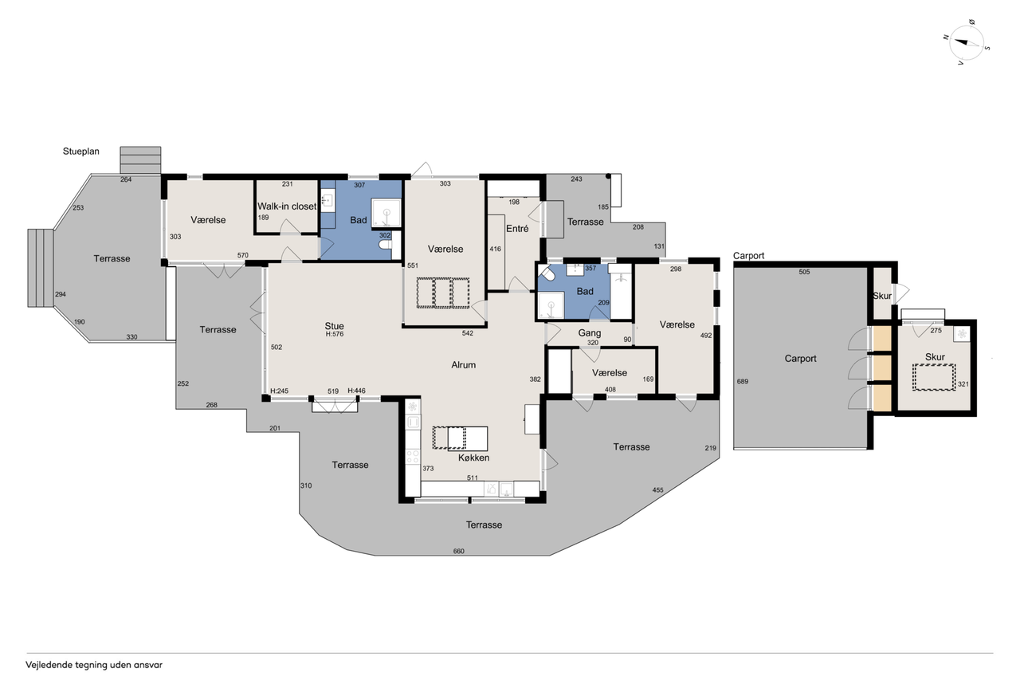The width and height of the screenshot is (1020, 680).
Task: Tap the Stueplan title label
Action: [x=81, y=151]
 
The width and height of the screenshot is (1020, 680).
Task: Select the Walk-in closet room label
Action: [x=286, y=206]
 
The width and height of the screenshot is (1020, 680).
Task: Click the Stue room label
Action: [x=334, y=326]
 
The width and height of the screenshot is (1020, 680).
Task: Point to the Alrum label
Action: [x=464, y=365]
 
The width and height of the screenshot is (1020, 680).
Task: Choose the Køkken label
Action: [x=474, y=458]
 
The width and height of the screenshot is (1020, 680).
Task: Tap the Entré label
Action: [x=517, y=229]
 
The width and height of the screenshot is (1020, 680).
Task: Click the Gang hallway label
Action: [x=590, y=333]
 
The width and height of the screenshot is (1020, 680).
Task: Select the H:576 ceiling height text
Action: [x=335, y=334]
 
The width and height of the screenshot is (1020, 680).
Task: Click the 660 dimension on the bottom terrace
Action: [x=458, y=551]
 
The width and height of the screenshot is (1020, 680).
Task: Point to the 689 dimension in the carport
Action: [x=743, y=382]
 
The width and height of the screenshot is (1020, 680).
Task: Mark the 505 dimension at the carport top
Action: [x=805, y=272]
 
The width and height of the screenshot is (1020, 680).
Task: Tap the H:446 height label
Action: [x=356, y=391]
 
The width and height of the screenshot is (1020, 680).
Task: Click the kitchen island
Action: [x=460, y=438]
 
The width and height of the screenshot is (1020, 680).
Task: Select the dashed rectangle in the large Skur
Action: [x=934, y=377]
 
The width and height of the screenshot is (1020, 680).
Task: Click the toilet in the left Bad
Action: [x=385, y=245]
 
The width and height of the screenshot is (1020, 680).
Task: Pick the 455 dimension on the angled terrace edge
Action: [x=658, y=490]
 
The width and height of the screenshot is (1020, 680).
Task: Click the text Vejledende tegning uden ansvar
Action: [x=94, y=665]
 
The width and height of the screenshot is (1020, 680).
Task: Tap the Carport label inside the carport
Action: [x=801, y=359]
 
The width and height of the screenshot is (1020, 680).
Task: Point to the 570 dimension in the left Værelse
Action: [x=243, y=256]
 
